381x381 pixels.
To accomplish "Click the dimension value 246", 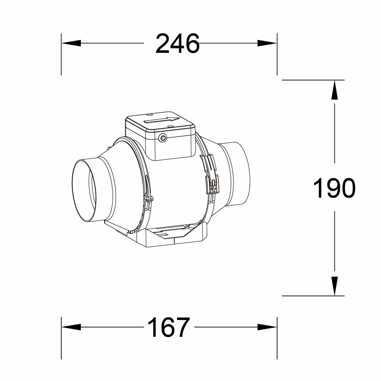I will coord(177,44).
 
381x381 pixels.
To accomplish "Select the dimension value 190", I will coord(334,188).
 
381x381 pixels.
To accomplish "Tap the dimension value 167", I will coord(168,327).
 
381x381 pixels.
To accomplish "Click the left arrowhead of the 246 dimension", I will coord(71,43).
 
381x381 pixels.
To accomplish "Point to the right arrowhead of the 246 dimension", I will coord(267,43).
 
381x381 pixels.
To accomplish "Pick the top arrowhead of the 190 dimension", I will coord(335,90).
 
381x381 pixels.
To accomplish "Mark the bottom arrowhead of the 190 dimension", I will coord(335,286).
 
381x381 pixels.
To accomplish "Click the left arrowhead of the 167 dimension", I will coord(71,327).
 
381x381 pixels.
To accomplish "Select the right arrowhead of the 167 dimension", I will coord(267,327).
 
